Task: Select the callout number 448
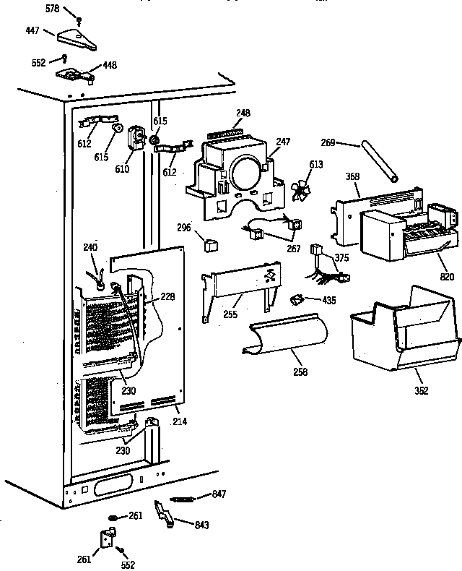point(109,64)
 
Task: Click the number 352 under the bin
point(422,391)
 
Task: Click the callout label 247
point(283,142)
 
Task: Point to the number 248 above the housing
point(243,113)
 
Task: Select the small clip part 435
point(295,299)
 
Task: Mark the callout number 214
point(180,421)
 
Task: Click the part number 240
point(90,246)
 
